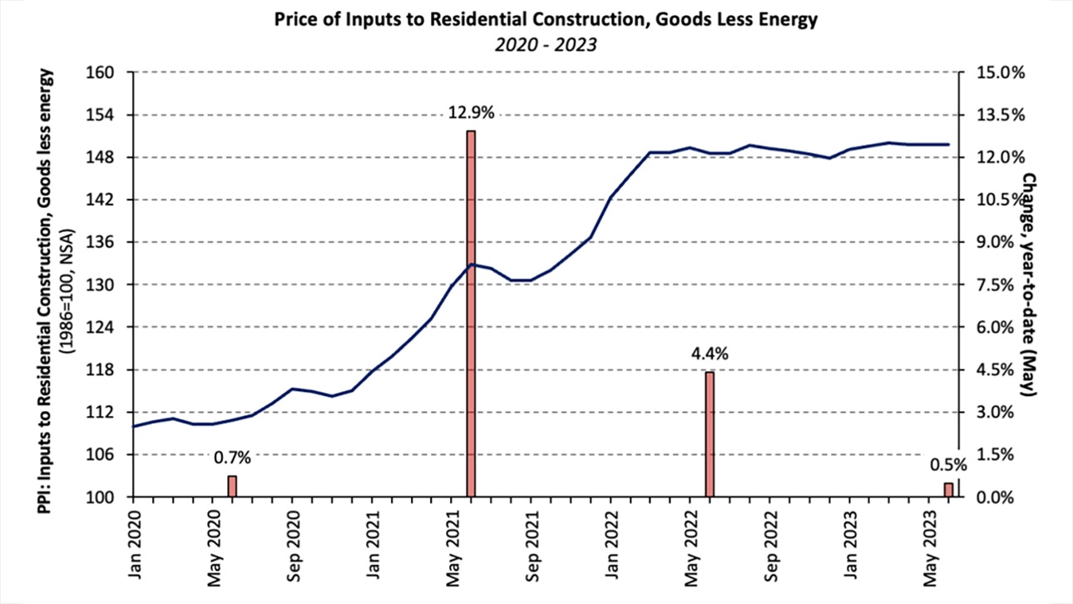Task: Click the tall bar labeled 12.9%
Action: click(471, 314)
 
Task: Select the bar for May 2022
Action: click(710, 434)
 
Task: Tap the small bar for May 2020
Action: click(232, 487)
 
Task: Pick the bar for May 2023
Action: click(948, 490)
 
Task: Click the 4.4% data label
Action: click(710, 354)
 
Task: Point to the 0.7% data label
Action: click(232, 457)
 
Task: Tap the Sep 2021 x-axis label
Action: click(532, 537)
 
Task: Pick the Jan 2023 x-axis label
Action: click(850, 536)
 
